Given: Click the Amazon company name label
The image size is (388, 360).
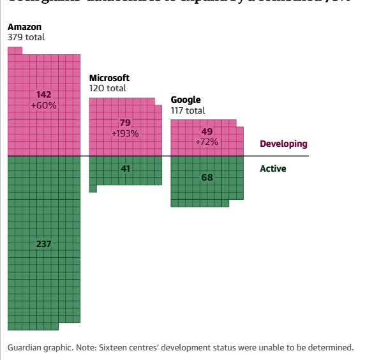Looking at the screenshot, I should (x=24, y=27).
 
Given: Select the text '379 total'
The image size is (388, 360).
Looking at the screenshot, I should (x=26, y=37).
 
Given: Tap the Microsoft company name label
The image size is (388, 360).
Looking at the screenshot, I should (x=109, y=78).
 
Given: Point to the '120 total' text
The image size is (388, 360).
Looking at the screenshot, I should (x=108, y=88).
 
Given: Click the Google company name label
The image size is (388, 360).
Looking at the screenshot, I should (x=186, y=100).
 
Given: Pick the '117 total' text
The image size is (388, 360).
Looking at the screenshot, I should (x=188, y=110).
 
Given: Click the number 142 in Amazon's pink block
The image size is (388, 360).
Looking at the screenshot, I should (x=44, y=94).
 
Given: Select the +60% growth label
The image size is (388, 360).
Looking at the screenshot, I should (x=44, y=105).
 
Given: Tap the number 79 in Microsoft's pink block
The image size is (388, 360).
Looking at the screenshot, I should (x=125, y=123).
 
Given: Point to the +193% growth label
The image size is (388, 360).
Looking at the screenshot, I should (x=125, y=133).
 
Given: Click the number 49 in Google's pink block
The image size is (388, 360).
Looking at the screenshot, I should (x=207, y=131).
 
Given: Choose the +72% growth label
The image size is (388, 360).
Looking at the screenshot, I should (x=207, y=142).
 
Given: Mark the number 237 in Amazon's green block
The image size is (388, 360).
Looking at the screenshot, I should (x=44, y=244).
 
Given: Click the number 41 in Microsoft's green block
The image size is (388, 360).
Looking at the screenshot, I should (x=125, y=169).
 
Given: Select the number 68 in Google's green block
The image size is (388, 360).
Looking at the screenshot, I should (x=207, y=177).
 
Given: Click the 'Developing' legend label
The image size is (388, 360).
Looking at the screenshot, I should (x=283, y=144).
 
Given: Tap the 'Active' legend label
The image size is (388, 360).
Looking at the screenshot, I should (x=273, y=169).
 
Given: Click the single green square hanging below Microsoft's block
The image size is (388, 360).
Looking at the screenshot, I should (x=93, y=188).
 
